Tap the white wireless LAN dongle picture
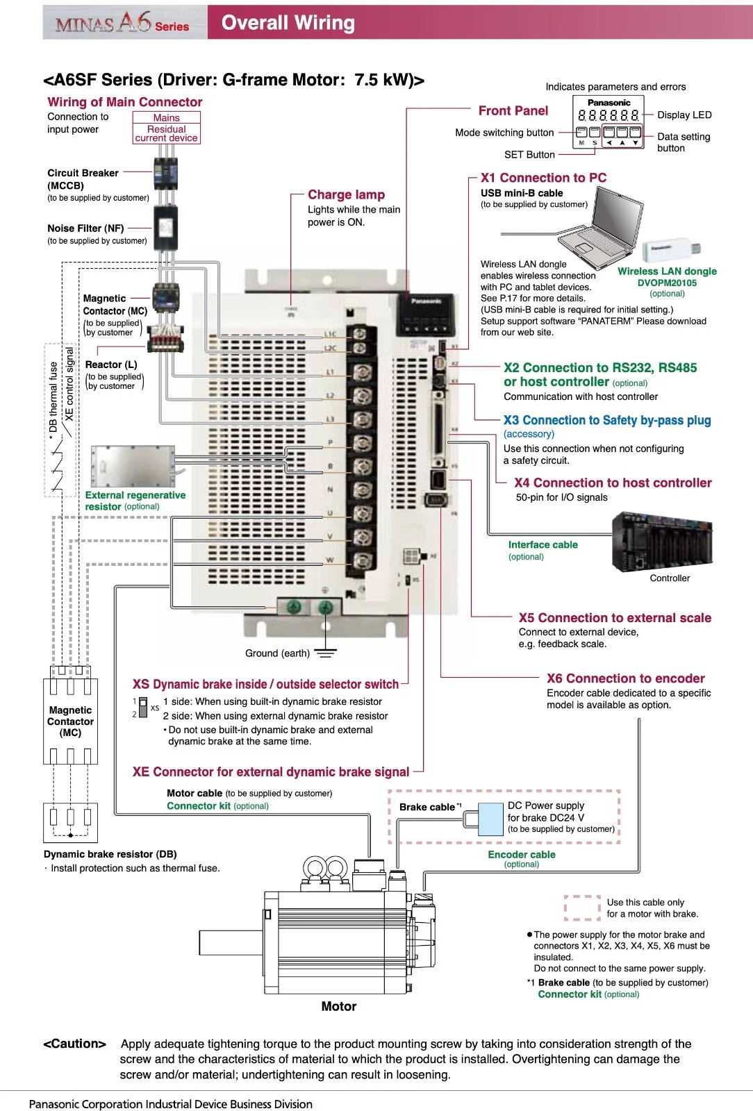click(671, 251)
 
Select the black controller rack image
click(662, 542)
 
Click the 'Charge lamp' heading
click(346, 194)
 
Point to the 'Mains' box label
click(166, 117)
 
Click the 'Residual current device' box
click(166, 133)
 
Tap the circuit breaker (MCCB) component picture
click(166, 173)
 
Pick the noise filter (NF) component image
click(166, 228)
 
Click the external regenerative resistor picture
click(133, 466)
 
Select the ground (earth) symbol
click(325, 653)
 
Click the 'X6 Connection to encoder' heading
click(625, 678)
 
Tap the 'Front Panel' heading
click(513, 110)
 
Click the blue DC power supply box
click(491, 819)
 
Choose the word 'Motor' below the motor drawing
click(338, 1006)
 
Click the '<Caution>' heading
click(74, 1044)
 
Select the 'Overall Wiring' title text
click(288, 23)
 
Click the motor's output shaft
click(231, 942)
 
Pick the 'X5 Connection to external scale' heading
click(615, 618)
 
